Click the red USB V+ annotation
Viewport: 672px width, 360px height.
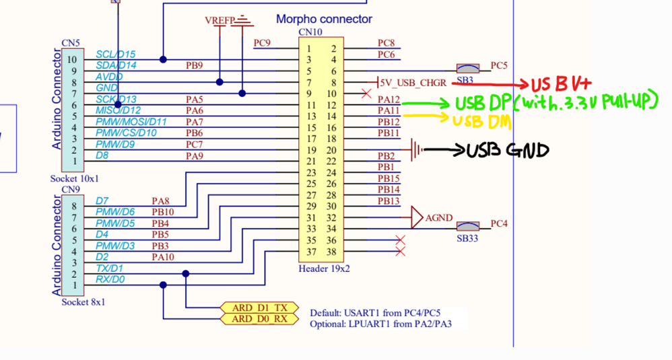point(560,84)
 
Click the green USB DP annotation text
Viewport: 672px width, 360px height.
point(555,102)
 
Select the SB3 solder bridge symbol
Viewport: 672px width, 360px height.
point(468,69)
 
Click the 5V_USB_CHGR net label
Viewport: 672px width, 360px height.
point(413,83)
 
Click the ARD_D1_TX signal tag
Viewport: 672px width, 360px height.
point(259,308)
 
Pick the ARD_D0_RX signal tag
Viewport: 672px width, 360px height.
point(259,318)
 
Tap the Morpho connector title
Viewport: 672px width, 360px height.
point(324,20)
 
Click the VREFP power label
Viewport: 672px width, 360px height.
point(220,21)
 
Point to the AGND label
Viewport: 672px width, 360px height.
point(439,218)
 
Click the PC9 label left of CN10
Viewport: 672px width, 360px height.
point(262,44)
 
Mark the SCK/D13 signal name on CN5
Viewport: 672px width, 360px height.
point(116,100)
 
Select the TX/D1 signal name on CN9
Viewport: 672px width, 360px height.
point(109,268)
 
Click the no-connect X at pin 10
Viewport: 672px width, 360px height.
point(366,93)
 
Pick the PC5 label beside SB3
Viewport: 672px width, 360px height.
point(499,65)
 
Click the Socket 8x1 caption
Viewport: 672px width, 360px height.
point(83,301)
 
